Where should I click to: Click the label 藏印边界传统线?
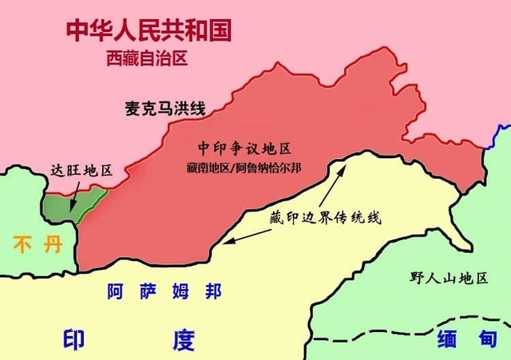[x=326, y=217]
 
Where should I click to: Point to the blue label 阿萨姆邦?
[x=164, y=291]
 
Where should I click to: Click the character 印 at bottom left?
[x=75, y=340]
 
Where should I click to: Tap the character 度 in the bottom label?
[x=182, y=340]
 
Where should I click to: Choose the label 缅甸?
[x=467, y=340]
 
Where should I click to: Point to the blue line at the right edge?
[x=502, y=134]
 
